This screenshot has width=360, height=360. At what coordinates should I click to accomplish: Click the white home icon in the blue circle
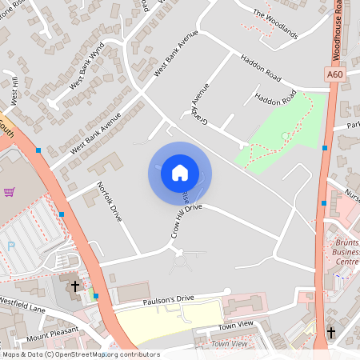coord(180,173)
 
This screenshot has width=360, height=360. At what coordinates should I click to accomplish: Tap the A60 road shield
coord(336,74)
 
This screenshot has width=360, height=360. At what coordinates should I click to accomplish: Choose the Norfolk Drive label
coord(109,202)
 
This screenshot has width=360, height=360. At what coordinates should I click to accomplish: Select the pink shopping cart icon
coord(10,192)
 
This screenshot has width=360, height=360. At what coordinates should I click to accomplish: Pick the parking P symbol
coord(10,246)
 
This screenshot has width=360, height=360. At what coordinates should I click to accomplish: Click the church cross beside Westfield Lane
coord(76,285)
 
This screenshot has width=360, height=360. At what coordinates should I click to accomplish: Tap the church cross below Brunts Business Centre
coord(331,332)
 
